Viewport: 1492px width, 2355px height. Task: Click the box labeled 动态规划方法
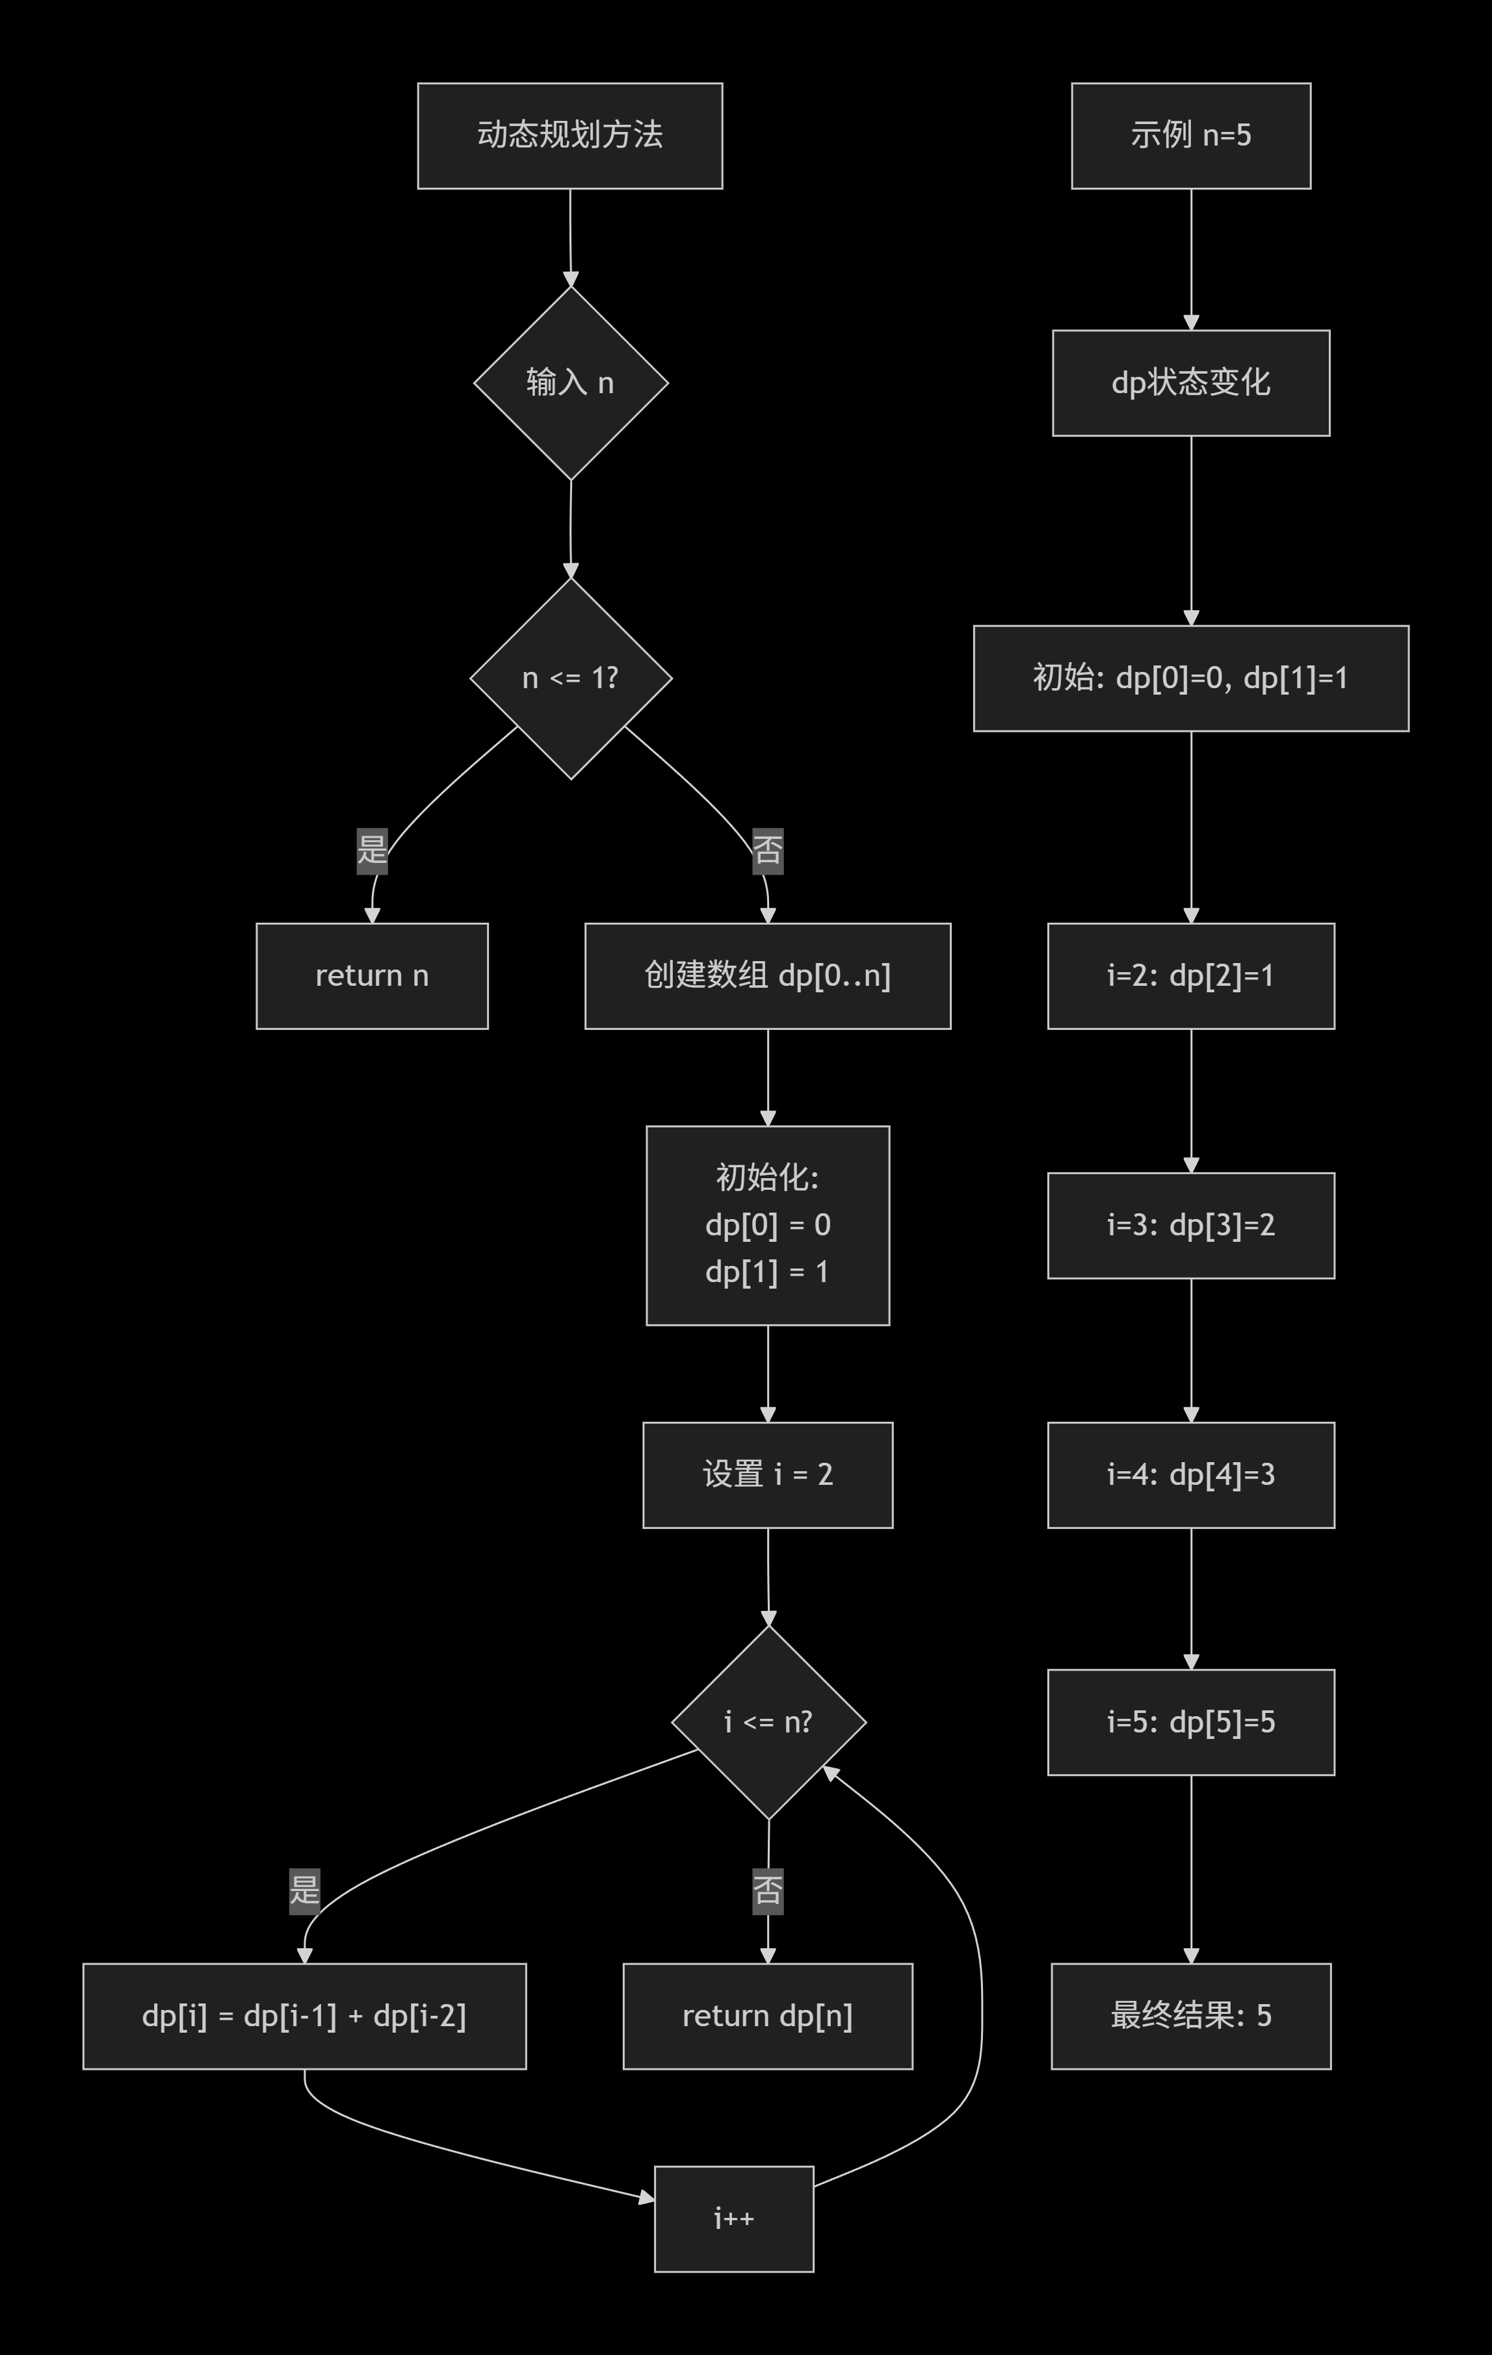pos(569,135)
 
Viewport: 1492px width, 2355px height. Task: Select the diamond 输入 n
pos(570,382)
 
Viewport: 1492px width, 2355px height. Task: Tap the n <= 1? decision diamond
pos(570,678)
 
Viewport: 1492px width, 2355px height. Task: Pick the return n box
pos(372,975)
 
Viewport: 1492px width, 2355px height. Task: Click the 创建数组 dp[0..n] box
pos(767,975)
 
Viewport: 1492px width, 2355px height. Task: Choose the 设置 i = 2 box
pos(767,1474)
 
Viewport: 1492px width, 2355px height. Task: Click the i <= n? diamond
pos(768,1721)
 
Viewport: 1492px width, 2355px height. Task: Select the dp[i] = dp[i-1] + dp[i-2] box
pos(304,2016)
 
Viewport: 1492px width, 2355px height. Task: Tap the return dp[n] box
pos(767,2016)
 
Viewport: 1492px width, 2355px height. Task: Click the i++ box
pos(734,2218)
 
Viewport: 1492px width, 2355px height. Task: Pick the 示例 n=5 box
pos(1190,135)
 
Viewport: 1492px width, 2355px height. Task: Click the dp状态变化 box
pos(1190,382)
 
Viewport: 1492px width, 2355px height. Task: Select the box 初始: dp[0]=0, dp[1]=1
pos(1190,678)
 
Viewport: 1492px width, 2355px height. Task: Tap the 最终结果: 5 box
pos(1190,2016)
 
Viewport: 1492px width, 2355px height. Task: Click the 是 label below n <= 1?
pos(372,849)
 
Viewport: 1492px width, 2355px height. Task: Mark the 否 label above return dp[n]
pos(767,1890)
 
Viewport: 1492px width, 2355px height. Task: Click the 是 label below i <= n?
pos(304,1890)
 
